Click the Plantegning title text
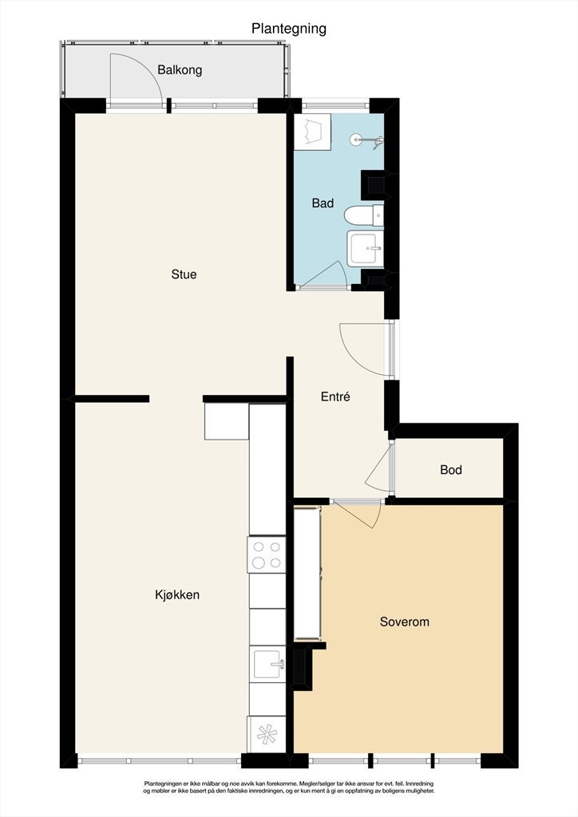pos(289,29)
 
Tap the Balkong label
pos(180,70)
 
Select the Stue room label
pos(184,274)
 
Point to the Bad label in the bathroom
pos(323,203)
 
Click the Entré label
pos(335,397)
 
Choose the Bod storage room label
pos(451,470)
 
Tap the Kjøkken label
pos(177,595)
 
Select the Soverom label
pos(405,622)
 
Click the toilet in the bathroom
pos(364,215)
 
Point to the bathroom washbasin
pos(366,248)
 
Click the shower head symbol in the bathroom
pos(367,140)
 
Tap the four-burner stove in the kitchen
pos(267,555)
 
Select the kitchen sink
pos(267,664)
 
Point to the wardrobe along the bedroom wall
pos(307,573)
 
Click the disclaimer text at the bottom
pos(289,787)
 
